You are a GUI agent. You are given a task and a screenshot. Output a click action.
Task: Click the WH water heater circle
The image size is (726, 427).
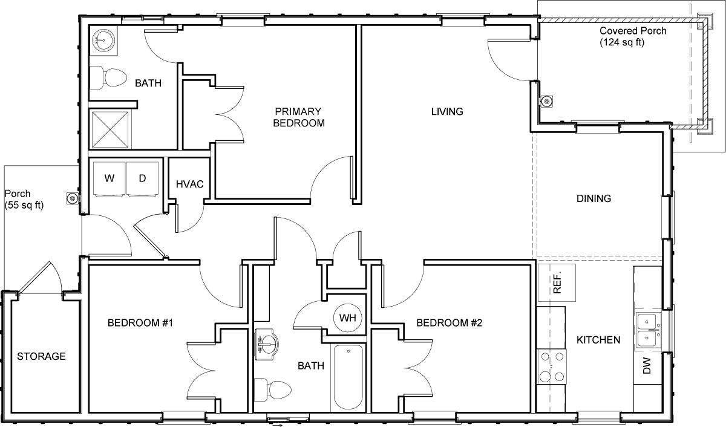348,318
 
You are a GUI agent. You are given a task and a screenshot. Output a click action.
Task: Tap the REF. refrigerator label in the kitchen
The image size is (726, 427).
557,283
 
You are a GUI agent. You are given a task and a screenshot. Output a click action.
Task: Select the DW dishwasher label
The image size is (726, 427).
647,366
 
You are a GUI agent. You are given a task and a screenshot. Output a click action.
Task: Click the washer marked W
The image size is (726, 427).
109,179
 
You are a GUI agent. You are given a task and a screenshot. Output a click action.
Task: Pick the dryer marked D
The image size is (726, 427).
142,179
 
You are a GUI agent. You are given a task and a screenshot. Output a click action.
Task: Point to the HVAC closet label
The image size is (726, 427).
189,184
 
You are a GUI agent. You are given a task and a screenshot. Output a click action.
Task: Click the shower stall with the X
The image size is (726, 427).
110,129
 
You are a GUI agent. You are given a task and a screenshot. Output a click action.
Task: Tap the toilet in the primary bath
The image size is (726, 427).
108,78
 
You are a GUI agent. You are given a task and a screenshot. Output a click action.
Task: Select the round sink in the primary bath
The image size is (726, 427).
103,41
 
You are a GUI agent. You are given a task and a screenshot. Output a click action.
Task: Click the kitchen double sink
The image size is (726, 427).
647,330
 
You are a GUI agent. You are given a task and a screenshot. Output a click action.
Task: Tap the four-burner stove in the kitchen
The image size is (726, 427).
552,367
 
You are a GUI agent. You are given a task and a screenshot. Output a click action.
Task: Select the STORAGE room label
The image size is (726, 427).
42,356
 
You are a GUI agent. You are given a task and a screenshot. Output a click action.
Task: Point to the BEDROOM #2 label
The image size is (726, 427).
449,323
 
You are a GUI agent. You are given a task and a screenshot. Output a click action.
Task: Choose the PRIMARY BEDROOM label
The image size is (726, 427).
298,117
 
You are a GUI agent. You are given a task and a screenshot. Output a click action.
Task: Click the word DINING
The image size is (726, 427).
594,198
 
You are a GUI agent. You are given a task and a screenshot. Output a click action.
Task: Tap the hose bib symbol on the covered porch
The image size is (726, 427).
547,102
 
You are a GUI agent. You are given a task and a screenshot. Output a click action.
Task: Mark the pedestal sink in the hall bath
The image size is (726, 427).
267,344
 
